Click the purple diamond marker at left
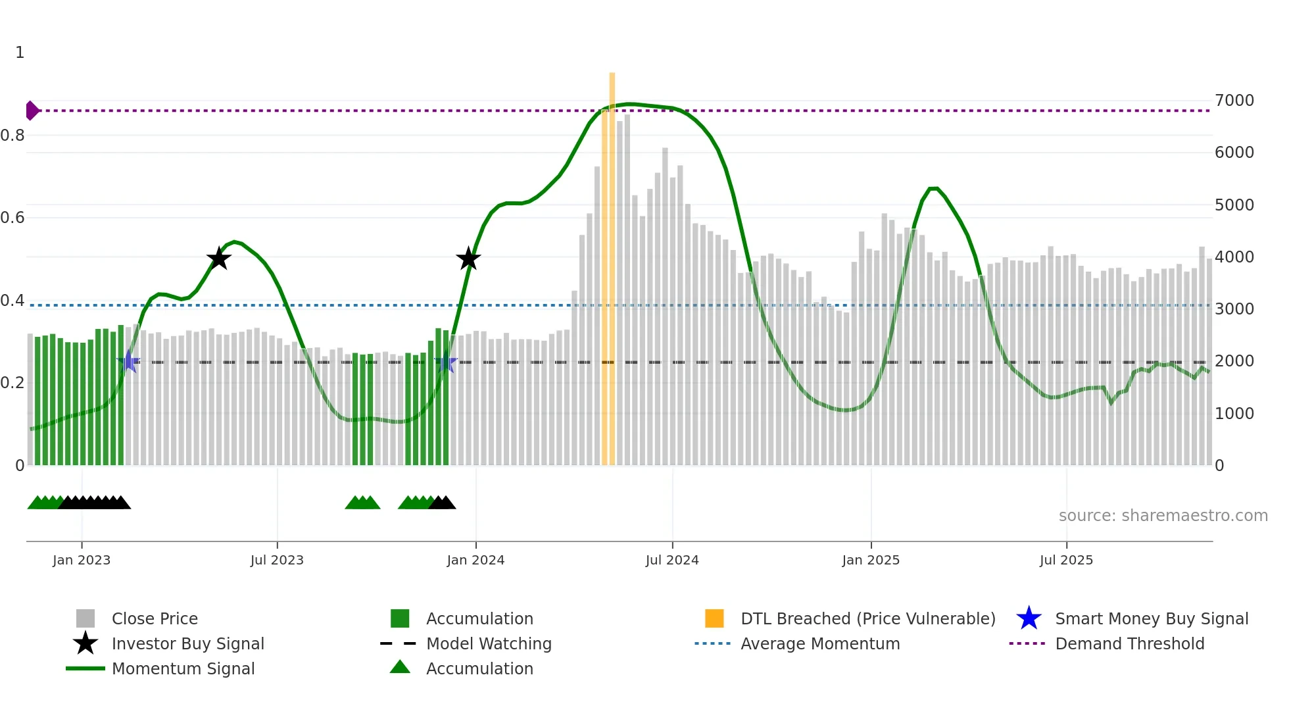click(x=32, y=111)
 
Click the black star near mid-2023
click(x=218, y=259)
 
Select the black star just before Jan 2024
click(x=468, y=259)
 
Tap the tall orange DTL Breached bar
click(x=612, y=263)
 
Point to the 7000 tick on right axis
click(x=1234, y=101)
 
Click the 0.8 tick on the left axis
click(x=12, y=136)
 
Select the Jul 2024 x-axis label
click(x=672, y=560)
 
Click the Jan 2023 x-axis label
click(x=82, y=560)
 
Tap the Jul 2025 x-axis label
click(x=1066, y=560)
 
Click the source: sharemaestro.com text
click(x=1163, y=516)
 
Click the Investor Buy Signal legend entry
click(x=187, y=643)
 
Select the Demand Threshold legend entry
click(x=1129, y=643)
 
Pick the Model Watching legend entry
click(x=488, y=643)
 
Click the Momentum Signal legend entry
click(x=183, y=668)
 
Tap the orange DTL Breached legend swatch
click(x=714, y=618)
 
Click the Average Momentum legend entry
click(x=819, y=643)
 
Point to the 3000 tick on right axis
click(x=1234, y=309)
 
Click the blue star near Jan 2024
click(x=445, y=362)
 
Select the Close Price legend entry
click(x=154, y=618)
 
